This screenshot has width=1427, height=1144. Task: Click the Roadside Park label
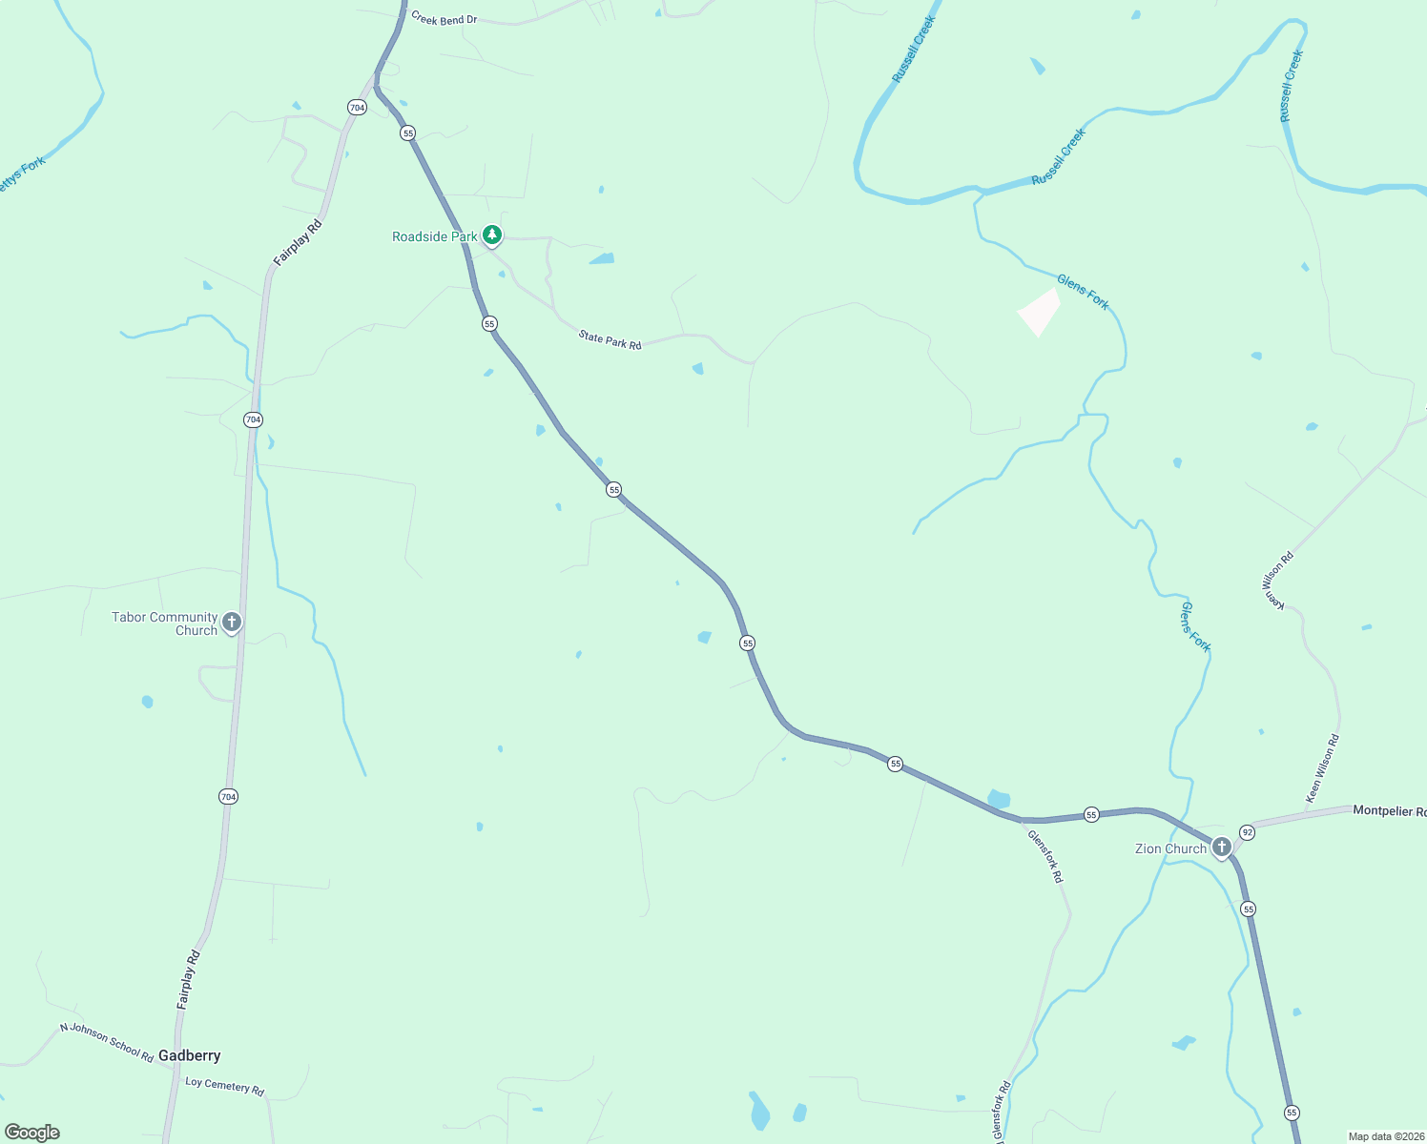pos(434,236)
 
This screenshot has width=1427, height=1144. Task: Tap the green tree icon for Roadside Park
pos(491,235)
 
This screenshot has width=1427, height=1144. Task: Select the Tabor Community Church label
pos(164,623)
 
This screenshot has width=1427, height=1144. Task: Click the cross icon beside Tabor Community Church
pos(231,623)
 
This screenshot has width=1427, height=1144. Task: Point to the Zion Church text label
pos(1170,848)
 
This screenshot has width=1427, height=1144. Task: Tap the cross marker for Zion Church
pos(1221,847)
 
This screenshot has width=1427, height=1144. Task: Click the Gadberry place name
pos(189,1055)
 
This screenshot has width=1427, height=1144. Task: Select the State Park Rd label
pos(610,339)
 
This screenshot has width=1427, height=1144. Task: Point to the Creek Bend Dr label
pos(444,19)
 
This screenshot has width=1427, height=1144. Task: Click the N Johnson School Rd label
pos(107,1042)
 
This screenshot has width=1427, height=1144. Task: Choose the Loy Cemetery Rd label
pos(224,1086)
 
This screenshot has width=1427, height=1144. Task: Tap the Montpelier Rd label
pos(1389,810)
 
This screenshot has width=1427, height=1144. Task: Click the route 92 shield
pos(1247,832)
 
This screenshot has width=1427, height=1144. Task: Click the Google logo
pos(32,1133)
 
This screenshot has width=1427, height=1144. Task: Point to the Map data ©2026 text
pos(1385,1136)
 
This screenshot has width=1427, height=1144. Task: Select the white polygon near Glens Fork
pos(1039,311)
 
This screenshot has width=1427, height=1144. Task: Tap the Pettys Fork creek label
pos(21,174)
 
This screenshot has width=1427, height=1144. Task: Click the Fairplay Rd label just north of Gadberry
pos(189,980)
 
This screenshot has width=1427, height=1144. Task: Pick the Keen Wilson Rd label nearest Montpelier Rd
pos(1322,767)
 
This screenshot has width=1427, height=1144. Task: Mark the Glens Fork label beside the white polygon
pos(1083,292)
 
